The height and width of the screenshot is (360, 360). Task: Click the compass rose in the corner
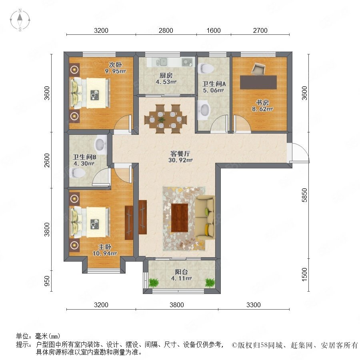pos(20,20)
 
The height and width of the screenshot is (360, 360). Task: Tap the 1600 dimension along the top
pos(214,30)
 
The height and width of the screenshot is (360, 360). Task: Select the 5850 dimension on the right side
pos(304,195)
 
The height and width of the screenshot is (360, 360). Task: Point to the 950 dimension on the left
pos(47,281)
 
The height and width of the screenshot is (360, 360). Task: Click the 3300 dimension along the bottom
pos(254,305)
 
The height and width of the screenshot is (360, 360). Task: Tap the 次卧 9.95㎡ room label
pos(116,68)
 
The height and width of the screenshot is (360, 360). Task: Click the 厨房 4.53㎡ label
pos(166,78)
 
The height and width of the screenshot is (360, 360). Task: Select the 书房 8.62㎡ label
pos(262,106)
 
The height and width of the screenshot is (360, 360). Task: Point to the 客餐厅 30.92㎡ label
pos(180,157)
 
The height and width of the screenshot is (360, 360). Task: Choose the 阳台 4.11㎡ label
pos(181,275)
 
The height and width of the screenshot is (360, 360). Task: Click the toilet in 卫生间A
pos(206,68)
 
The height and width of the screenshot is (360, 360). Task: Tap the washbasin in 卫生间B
pos(100,144)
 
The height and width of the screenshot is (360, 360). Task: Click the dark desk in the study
pos(258,82)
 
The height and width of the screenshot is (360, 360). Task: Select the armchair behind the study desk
pos(258,69)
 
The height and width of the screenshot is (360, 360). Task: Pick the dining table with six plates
pos(166,119)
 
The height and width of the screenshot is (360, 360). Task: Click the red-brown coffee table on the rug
pos(180,218)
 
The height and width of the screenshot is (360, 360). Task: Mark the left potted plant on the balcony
pos(154,283)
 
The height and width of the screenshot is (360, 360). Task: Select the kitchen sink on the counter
pos(162,62)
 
